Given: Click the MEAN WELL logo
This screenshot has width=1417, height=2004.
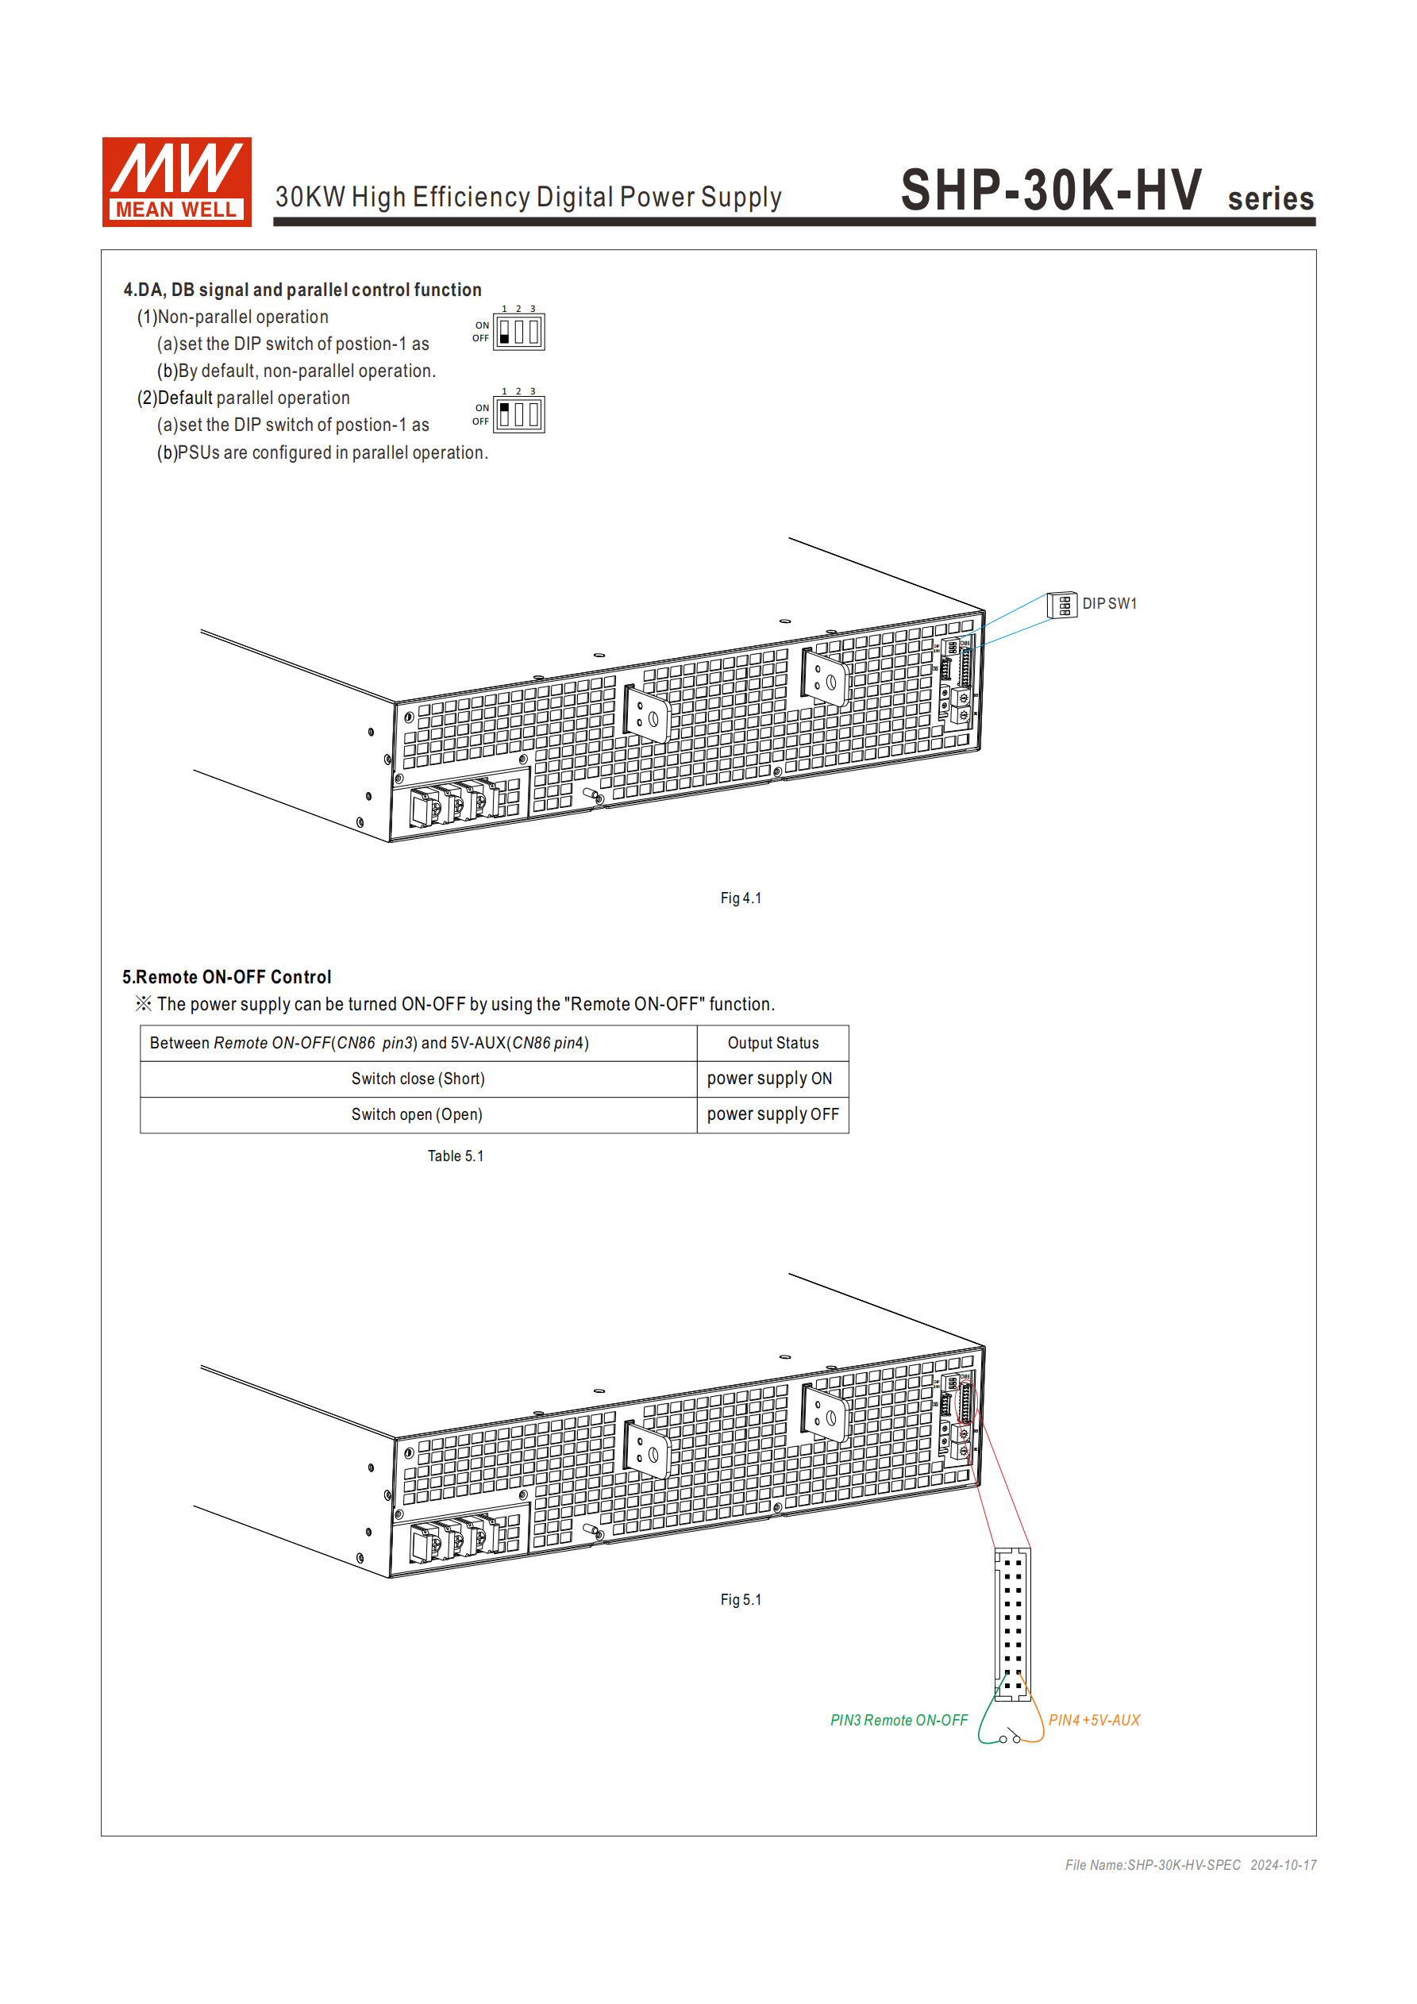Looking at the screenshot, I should (x=176, y=182).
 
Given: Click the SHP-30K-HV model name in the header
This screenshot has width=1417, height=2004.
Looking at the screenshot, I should (x=1051, y=190).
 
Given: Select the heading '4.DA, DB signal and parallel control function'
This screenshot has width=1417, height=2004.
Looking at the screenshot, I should (x=302, y=290).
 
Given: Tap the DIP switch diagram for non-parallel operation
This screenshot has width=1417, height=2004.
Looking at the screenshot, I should (x=518, y=332).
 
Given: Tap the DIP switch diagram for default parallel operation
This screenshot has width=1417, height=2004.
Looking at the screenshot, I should (x=518, y=414).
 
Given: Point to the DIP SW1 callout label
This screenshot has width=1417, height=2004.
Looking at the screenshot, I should (x=1109, y=604).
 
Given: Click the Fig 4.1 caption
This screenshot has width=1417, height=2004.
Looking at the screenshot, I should (x=741, y=898).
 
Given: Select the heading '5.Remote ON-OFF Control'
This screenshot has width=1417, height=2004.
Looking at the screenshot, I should (x=227, y=977).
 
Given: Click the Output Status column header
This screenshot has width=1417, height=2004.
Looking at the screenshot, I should (x=772, y=1043).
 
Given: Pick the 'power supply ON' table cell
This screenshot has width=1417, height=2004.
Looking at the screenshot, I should (x=769, y=1079).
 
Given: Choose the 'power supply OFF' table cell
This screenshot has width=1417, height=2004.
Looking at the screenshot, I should (x=772, y=1114).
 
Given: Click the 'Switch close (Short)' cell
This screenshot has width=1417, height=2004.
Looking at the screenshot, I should (x=418, y=1079).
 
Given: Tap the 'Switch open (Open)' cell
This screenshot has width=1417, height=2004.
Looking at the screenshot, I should (x=418, y=1114).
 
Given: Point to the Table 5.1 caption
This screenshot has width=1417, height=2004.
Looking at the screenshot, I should (x=455, y=1156).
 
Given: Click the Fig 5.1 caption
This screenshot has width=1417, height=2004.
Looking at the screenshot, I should (x=741, y=1600).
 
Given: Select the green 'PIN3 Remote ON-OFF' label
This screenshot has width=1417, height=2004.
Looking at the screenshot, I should (x=899, y=1721).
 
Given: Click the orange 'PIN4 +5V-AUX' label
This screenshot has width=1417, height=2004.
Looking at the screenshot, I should (x=1094, y=1721).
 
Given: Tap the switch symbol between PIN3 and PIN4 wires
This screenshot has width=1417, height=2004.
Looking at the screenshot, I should (x=1010, y=1736).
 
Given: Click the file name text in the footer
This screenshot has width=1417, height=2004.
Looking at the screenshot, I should (x=1152, y=1865).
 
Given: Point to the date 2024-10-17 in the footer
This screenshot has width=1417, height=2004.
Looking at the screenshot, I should (x=1283, y=1865).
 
